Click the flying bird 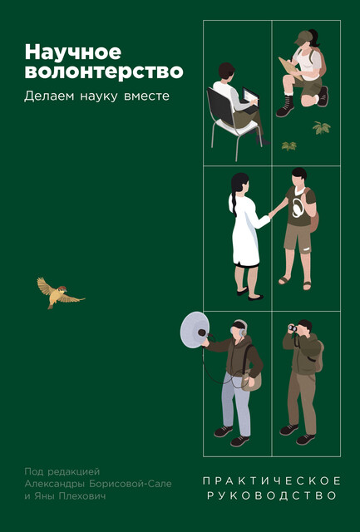click(59, 291)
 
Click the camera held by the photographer click(294, 330)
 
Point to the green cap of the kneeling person click(303, 37)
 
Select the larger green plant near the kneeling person click(321, 127)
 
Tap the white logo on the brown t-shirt click(296, 207)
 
